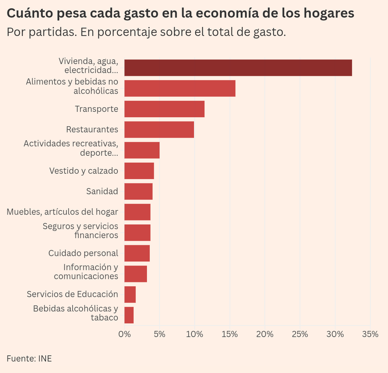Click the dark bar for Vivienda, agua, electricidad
238,68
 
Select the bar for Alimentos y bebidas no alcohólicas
180,89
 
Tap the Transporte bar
164,109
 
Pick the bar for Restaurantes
159,130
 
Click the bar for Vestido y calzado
139,171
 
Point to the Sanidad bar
138,191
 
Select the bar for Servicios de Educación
130,294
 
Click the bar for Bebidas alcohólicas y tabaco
129,315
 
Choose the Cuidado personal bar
137,253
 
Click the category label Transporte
96,109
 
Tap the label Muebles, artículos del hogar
62,212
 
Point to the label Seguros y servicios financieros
80,231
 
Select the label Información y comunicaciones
86,272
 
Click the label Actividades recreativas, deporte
71,148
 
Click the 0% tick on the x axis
124,334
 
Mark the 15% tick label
230,334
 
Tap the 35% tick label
370,334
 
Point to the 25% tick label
300,334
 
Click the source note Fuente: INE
29,359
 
